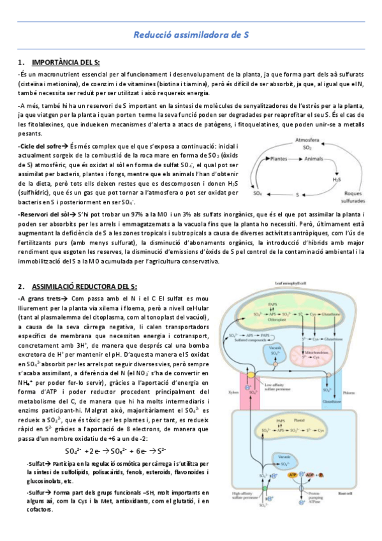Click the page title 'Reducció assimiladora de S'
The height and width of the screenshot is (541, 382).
[x=190, y=36]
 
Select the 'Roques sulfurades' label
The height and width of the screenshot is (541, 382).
[x=349, y=194]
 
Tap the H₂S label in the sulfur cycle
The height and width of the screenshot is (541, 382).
[x=336, y=179]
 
